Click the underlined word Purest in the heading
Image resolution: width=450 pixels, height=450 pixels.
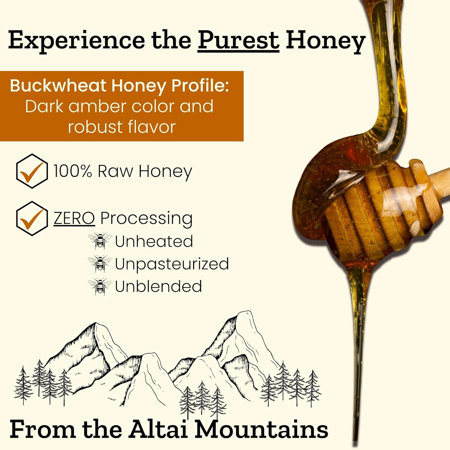(x=238, y=41)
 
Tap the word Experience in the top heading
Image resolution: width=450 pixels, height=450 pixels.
(x=76, y=41)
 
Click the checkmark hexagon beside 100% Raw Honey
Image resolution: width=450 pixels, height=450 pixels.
(x=31, y=171)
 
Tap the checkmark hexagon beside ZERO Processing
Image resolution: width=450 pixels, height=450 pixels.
(x=31, y=218)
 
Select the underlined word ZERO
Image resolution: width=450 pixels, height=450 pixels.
(x=74, y=218)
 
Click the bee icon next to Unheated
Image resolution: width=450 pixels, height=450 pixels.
(x=100, y=241)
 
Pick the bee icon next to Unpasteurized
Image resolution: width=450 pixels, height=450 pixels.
(x=100, y=263)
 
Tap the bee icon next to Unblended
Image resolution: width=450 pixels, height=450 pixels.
(x=100, y=286)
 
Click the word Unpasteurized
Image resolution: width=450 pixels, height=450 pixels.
(x=172, y=264)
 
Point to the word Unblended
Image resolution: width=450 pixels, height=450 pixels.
(x=158, y=286)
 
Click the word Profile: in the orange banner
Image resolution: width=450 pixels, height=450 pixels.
(x=200, y=86)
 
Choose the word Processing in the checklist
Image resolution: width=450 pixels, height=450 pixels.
(x=146, y=218)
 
